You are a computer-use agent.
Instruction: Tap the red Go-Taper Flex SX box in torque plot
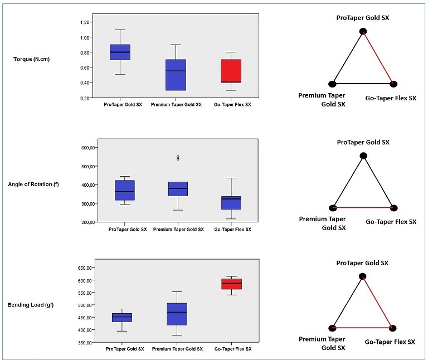coord(231,71)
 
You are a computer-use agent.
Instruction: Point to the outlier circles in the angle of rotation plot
coord(178,158)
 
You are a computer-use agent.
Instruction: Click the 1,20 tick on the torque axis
coord(85,22)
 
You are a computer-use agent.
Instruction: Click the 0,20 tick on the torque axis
coord(85,98)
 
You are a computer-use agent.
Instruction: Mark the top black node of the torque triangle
coord(363,31)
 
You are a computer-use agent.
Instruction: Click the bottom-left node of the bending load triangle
coord(333,328)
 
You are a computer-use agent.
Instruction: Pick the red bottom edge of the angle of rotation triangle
coord(363,208)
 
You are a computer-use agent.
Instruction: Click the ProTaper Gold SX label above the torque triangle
coord(363,18)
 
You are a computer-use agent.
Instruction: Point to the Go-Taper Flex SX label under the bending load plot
coord(232,349)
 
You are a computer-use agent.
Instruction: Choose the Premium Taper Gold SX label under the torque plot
coord(176,105)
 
